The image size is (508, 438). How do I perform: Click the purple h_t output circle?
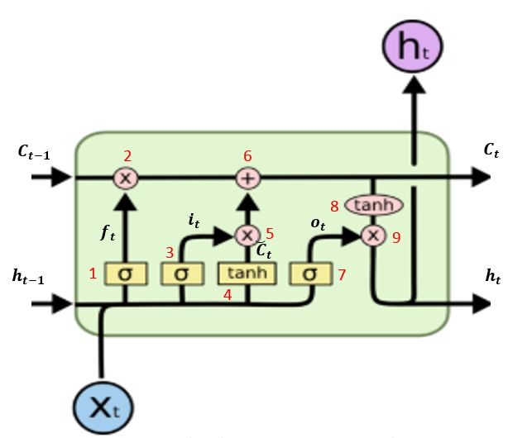[x=412, y=46]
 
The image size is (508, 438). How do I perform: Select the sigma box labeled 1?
[x=126, y=272]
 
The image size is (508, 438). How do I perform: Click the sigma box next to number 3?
[x=182, y=272]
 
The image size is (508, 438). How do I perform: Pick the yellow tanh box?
[x=247, y=272]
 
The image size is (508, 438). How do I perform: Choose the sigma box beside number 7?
[x=310, y=272]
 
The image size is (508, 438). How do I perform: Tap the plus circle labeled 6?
[x=247, y=177]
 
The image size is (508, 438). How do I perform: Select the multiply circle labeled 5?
[x=247, y=235]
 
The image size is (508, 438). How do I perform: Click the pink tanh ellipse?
[x=372, y=204]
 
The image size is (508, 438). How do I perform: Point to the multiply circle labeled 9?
[x=372, y=236]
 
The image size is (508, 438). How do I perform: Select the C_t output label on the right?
[x=491, y=150]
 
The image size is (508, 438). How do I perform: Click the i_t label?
[x=194, y=220]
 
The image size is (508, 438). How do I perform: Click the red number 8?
[x=333, y=205]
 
